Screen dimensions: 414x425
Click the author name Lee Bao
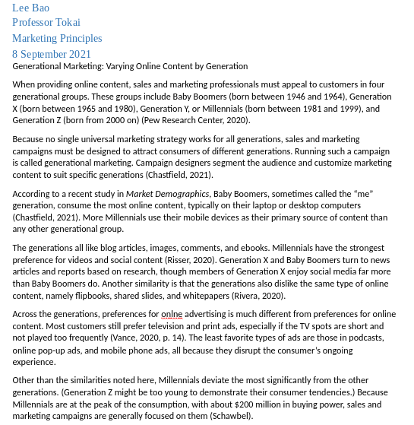coord(30,8)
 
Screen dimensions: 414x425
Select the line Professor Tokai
coord(46,23)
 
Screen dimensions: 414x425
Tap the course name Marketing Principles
coord(57,38)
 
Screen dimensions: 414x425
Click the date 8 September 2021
coord(52,54)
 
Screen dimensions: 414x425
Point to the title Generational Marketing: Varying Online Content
coord(130,66)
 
